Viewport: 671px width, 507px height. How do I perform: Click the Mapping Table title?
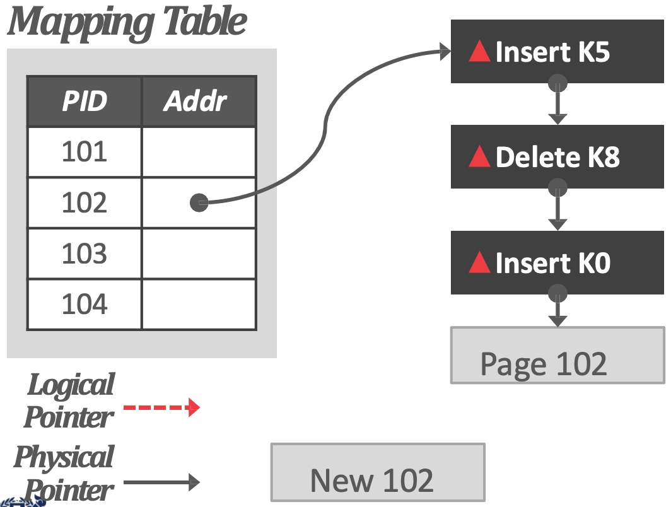click(x=127, y=22)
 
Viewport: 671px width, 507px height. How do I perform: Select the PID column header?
click(x=85, y=102)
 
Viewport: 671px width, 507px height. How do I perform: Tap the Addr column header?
click(x=199, y=102)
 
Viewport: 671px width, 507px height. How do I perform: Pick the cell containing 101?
click(x=85, y=152)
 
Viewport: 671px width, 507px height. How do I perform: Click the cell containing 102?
click(x=85, y=203)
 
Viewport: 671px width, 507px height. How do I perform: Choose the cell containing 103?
click(x=85, y=253)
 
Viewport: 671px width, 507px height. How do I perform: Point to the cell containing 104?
click(x=85, y=304)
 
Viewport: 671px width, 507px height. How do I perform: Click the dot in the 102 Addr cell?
click(x=199, y=203)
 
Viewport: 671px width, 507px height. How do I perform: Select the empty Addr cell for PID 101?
click(x=199, y=152)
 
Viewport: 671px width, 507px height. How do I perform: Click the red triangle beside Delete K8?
click(x=479, y=156)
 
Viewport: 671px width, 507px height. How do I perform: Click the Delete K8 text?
click(x=557, y=156)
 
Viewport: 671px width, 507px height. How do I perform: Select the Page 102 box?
click(x=557, y=355)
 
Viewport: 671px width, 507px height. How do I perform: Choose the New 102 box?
click(x=378, y=472)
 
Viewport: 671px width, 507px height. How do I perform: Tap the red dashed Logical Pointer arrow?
click(x=161, y=407)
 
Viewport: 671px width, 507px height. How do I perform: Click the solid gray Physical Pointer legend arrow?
click(x=161, y=482)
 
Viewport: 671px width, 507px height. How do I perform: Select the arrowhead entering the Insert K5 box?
click(x=445, y=52)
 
